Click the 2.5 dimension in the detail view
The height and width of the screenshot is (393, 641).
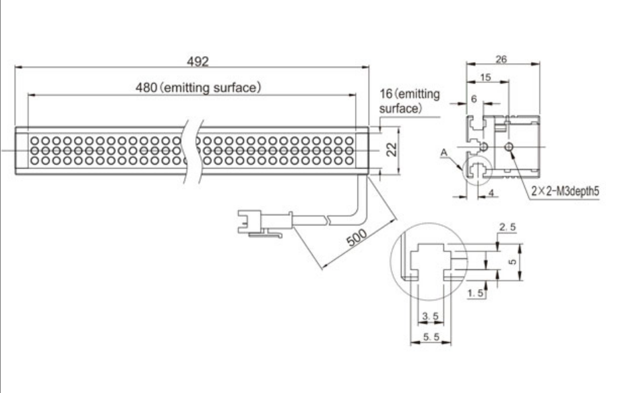tap(507, 228)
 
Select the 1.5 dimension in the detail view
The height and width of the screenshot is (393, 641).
tap(475, 292)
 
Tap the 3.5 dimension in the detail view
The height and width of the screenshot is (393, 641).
tap(428, 315)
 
